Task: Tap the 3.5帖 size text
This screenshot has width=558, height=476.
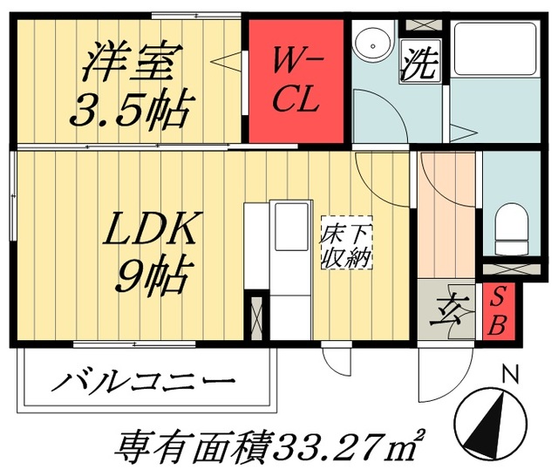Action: click(133, 110)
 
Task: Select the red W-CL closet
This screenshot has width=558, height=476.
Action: click(296, 79)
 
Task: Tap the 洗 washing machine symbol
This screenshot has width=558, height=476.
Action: click(418, 65)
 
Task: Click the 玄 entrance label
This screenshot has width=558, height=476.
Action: click(446, 311)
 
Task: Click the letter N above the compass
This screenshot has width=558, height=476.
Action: click(511, 375)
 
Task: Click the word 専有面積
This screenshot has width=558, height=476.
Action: click(184, 446)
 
